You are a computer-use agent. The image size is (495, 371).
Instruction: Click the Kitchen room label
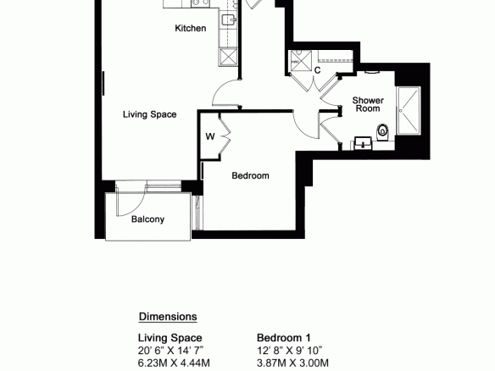click(x=191, y=28)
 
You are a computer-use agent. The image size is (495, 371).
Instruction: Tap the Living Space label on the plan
click(x=150, y=114)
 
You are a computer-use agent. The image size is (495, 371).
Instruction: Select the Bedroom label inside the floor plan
click(x=250, y=175)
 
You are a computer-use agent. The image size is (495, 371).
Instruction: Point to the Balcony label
click(x=147, y=219)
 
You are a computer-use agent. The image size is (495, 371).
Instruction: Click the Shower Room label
click(x=368, y=104)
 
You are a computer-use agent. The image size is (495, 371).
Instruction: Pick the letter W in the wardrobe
click(x=210, y=136)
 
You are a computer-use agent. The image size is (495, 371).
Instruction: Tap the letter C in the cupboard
click(x=317, y=70)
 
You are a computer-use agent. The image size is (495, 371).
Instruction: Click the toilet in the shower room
click(x=383, y=132)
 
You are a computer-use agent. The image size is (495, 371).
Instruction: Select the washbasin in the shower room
click(x=363, y=143)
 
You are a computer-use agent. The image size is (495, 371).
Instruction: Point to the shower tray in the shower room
click(x=409, y=110)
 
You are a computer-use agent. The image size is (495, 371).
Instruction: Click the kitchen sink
click(x=228, y=19)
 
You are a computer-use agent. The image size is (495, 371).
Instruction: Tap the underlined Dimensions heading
click(x=168, y=317)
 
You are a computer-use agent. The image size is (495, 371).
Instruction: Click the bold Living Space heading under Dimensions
click(x=170, y=338)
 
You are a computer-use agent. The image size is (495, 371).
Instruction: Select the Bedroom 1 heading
click(x=284, y=338)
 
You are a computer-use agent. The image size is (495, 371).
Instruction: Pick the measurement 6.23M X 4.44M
click(x=174, y=363)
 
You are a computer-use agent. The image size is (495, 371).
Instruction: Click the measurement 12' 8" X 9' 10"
click(x=290, y=351)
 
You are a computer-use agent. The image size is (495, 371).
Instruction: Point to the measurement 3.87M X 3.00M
click(x=292, y=363)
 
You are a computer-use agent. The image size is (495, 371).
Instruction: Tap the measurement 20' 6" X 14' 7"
click(x=170, y=351)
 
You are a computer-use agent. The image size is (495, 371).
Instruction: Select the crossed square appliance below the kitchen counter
click(x=228, y=56)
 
